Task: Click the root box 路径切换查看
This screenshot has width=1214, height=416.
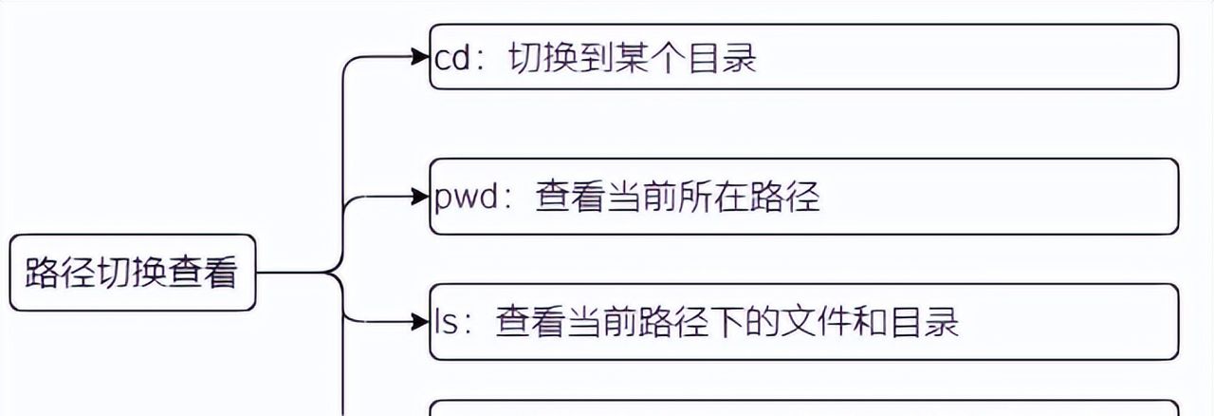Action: [132, 273]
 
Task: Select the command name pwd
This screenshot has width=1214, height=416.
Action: [466, 199]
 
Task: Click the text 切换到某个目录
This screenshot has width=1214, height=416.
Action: [633, 59]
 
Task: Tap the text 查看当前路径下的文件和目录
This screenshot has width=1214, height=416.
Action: [727, 322]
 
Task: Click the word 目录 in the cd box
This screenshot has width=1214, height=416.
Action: [726, 59]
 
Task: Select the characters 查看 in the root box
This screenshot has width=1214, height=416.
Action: [204, 273]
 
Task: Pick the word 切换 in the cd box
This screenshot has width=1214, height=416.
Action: [540, 59]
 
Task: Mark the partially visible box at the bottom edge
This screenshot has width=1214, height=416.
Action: [804, 408]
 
